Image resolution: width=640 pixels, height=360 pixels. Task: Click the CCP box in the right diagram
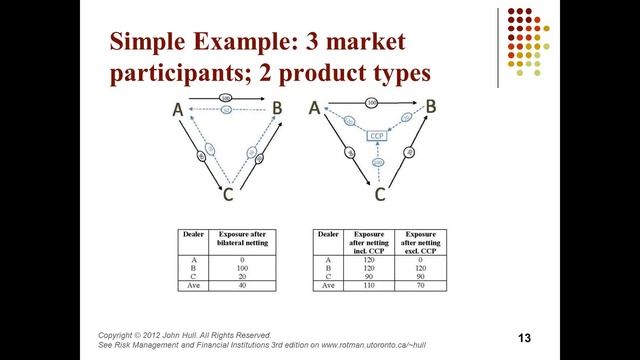[x=377, y=135]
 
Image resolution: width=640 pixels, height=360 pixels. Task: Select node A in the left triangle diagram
[x=177, y=113]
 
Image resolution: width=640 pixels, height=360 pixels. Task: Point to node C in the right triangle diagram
[x=381, y=192]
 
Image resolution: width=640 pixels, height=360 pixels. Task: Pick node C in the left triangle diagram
[x=229, y=193]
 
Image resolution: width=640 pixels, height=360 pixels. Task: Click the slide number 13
[x=522, y=337]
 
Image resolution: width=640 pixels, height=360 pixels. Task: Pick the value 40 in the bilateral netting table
[x=240, y=285]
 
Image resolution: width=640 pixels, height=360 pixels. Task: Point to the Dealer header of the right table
[x=328, y=234]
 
